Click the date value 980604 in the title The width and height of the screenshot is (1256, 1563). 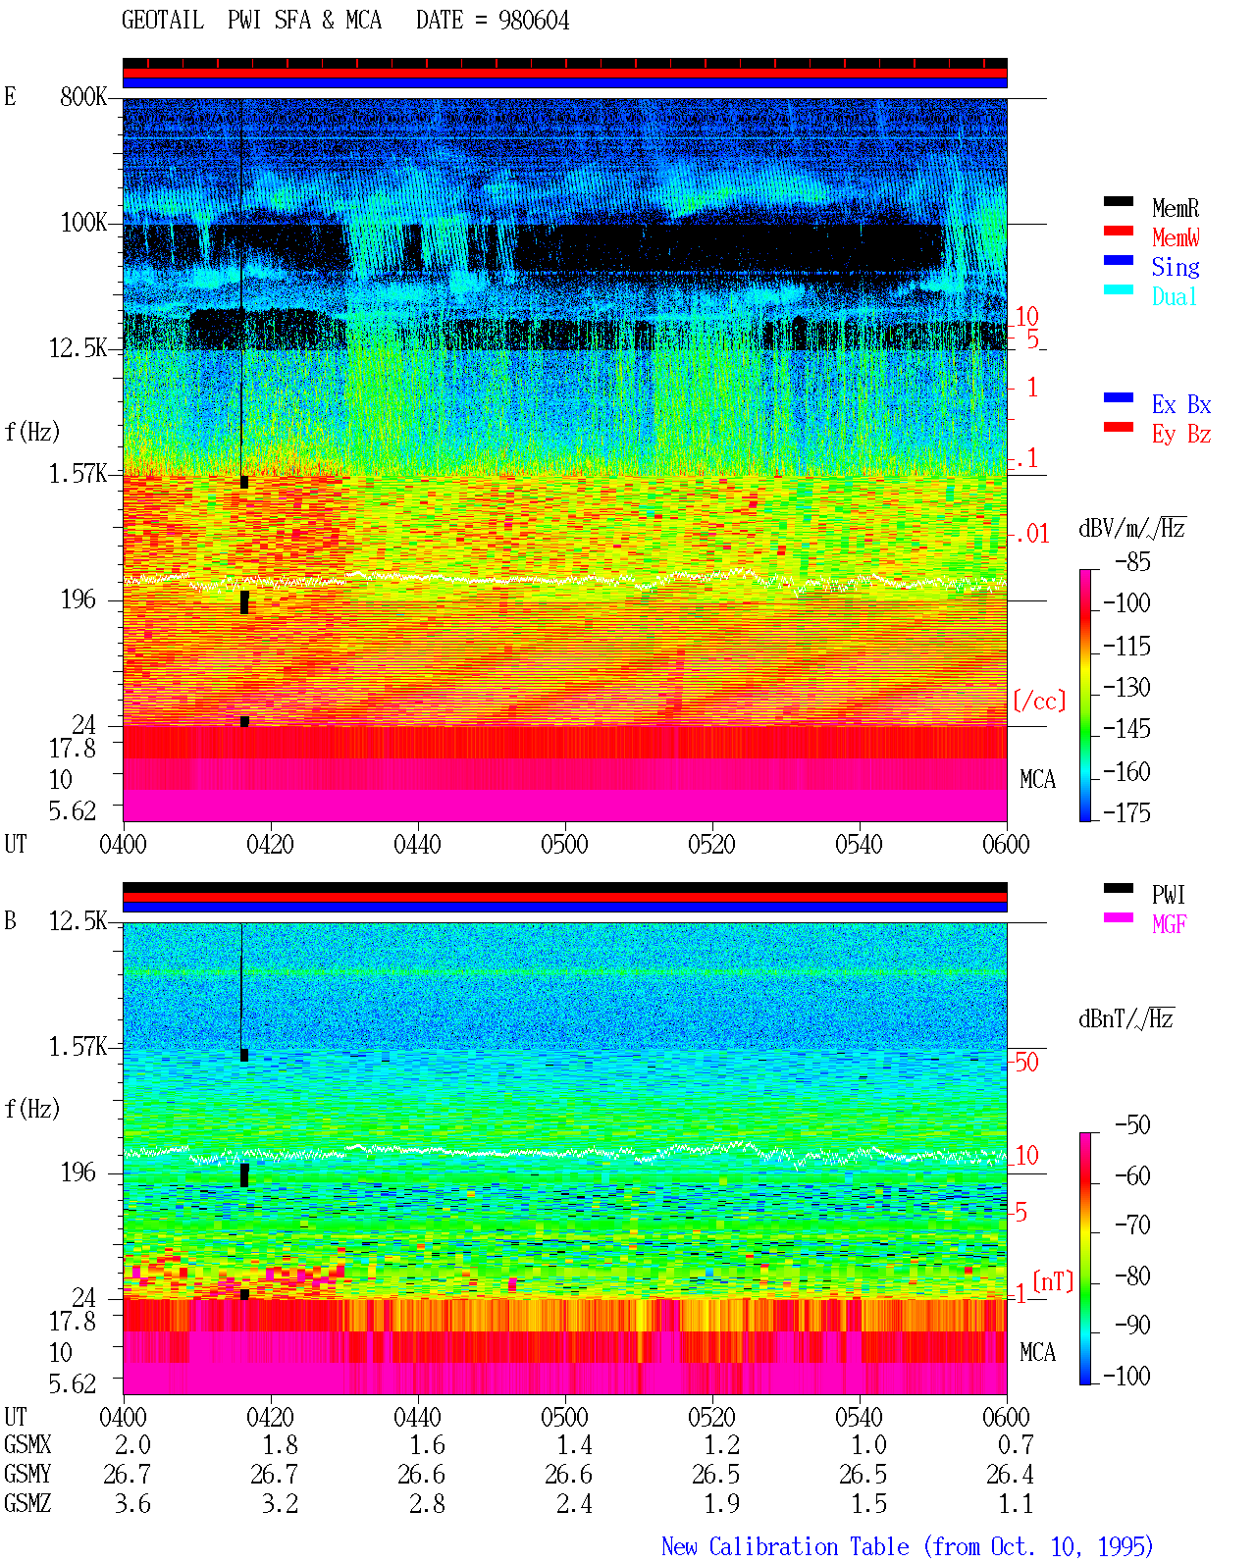pos(533,21)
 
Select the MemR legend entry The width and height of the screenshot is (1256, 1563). pos(1175,208)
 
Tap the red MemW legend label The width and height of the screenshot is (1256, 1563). pos(1175,237)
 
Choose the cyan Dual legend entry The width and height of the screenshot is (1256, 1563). pos(1174,296)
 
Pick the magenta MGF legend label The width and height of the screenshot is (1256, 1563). pos(1169,924)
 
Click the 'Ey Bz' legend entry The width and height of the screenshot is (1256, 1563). pos(1181,434)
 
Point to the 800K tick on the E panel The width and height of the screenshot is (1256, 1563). pos(83,96)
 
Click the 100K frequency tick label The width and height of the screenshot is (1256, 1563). pos(83,223)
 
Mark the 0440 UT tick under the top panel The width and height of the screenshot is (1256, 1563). pos(417,844)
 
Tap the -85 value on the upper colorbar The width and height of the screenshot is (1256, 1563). pos(1132,561)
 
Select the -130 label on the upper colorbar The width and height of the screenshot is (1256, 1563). pos(1126,687)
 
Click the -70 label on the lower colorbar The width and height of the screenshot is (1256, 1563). pos(1132,1224)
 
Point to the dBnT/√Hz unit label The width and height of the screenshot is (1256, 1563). pos(1125,1018)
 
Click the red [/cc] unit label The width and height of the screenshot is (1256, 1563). pos(1039,701)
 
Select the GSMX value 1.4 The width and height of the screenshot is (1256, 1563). pos(575,1444)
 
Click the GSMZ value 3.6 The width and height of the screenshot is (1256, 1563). pos(132,1503)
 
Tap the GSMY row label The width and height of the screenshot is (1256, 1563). pos(27,1474)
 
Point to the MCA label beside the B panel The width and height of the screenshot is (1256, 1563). pos(1037,1352)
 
